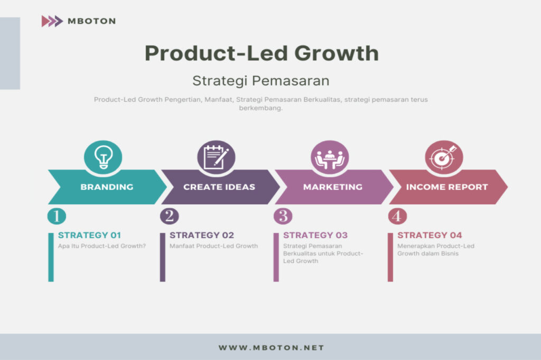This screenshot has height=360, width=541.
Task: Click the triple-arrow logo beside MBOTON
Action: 52,22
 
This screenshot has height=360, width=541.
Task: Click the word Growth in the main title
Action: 337,53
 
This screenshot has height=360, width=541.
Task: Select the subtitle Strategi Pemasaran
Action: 261,81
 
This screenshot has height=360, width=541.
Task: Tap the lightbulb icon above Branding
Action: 103,157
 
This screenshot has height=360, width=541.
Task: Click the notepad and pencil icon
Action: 216,157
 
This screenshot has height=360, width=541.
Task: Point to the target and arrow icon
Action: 444,157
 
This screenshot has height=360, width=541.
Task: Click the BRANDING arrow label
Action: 107,187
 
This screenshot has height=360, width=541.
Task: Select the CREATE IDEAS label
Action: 219,187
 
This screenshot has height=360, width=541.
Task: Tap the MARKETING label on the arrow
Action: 333,187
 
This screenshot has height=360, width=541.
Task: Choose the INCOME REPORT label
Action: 447,187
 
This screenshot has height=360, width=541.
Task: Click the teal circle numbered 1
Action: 57,216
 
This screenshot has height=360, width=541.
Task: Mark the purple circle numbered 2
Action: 170,216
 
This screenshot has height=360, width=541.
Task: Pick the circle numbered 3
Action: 283,216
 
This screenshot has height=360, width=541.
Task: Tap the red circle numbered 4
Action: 397,216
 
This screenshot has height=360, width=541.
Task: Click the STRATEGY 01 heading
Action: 89,235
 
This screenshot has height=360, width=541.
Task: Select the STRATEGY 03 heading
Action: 315,235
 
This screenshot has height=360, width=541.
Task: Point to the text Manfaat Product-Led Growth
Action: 213,246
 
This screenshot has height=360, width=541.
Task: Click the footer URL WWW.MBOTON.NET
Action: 271,347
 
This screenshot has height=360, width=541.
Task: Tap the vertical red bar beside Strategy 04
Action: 390,257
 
